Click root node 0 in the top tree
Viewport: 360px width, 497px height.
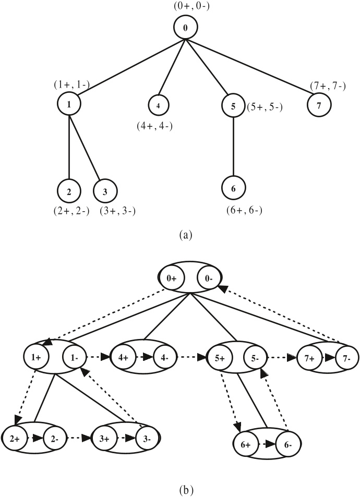tap(185, 28)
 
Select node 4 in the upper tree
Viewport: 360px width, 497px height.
tap(158, 105)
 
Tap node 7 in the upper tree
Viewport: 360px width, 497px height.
tap(319, 104)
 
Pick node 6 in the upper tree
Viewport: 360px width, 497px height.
tap(233, 188)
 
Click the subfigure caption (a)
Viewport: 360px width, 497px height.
tap(185, 235)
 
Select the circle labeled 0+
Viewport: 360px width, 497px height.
tap(172, 279)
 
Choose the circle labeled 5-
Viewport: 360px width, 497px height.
tap(255, 359)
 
